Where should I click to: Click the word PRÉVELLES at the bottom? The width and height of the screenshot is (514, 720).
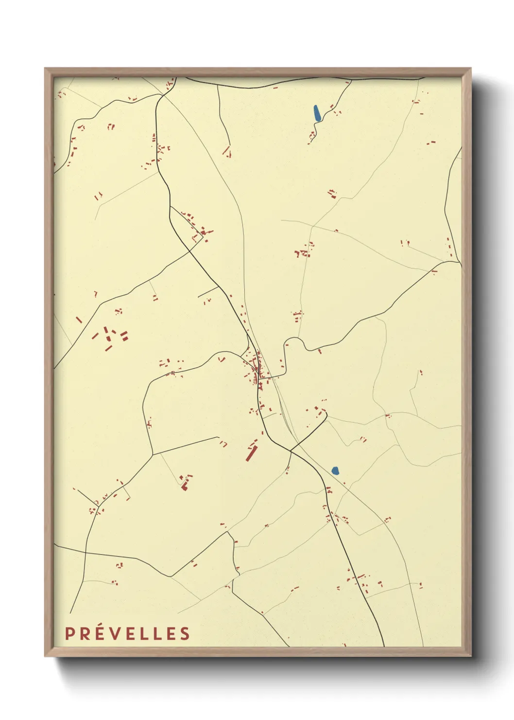[x=127, y=633]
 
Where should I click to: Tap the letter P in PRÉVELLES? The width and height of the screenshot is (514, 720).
[x=70, y=633]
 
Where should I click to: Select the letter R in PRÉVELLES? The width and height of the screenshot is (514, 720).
[x=85, y=633]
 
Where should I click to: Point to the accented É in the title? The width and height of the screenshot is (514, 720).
[x=100, y=632]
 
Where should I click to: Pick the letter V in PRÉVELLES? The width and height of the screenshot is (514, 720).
[x=115, y=633]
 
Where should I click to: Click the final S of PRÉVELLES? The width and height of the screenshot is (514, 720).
[x=185, y=633]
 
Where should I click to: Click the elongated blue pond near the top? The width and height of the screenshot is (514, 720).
[x=317, y=114]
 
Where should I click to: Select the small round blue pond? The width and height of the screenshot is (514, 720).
[x=335, y=470]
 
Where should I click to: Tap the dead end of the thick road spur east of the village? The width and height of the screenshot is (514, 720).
[x=326, y=414]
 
